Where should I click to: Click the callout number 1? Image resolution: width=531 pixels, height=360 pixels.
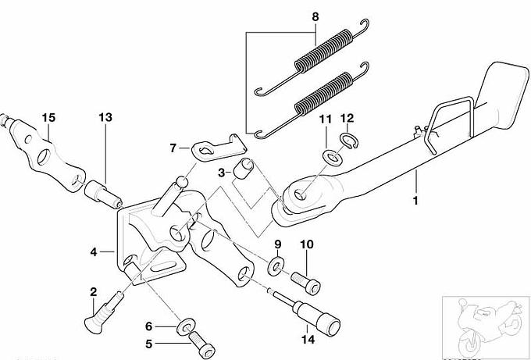415,201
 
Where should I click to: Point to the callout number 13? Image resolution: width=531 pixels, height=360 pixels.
105,117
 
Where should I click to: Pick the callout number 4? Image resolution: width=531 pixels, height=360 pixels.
94,252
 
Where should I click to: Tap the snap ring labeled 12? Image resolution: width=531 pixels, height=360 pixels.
349,141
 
